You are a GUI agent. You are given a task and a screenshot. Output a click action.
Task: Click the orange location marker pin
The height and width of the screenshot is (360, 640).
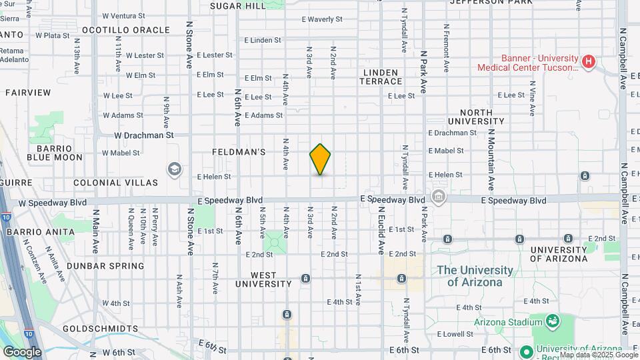[x=320, y=159]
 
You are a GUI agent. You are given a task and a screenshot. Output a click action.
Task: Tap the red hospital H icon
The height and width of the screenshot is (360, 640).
[x=588, y=62]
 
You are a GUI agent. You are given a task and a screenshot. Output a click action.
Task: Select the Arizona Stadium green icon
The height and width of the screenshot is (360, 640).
[x=552, y=322]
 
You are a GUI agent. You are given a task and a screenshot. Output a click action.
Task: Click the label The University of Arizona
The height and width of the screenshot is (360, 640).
[x=475, y=276]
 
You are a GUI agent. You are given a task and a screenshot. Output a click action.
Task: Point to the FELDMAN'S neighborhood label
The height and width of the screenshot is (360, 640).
[x=239, y=152]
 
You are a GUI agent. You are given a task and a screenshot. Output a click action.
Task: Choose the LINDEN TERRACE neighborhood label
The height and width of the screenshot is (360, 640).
[x=382, y=77]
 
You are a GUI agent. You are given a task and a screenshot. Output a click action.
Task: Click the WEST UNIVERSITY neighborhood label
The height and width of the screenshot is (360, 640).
[x=263, y=279]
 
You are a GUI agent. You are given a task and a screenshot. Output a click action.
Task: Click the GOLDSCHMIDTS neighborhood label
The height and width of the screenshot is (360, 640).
[x=99, y=329]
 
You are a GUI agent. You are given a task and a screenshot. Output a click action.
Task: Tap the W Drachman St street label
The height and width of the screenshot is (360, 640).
[x=143, y=135]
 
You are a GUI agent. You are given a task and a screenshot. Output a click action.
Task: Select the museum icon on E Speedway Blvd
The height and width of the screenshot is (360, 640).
[x=439, y=197]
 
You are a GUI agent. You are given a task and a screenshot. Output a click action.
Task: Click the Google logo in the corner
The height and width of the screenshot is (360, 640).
[x=22, y=352]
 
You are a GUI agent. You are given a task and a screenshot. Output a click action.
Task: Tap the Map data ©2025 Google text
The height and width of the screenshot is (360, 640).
[x=599, y=355]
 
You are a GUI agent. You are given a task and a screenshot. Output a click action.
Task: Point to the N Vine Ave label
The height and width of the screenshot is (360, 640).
[x=532, y=98]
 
